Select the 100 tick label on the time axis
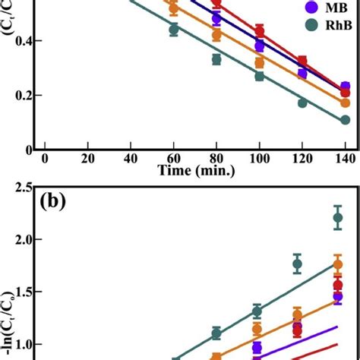(x=259, y=157)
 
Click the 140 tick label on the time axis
(x=344, y=157)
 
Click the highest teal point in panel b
(x=339, y=218)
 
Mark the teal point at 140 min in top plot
(x=345, y=120)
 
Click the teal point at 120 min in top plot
(x=302, y=103)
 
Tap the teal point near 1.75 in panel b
(x=297, y=264)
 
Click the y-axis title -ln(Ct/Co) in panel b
(x=9, y=334)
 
